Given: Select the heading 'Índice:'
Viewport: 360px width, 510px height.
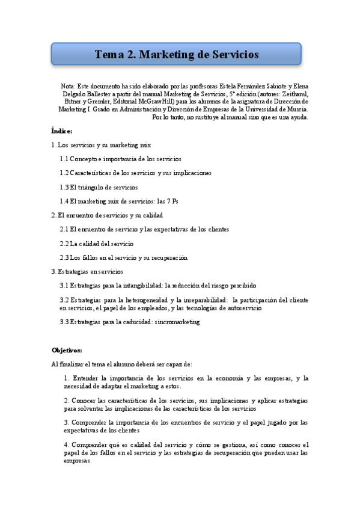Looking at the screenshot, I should (62, 131).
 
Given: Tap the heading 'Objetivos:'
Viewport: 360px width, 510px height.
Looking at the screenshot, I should (67, 350).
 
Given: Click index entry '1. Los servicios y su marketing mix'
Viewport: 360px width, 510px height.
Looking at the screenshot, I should (102, 145).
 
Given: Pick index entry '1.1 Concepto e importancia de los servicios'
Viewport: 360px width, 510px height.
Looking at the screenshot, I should (120, 159).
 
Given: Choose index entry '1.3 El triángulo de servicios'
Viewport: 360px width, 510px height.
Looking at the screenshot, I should (99, 187).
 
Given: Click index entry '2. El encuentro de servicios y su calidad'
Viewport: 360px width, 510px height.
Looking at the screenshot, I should (107, 215).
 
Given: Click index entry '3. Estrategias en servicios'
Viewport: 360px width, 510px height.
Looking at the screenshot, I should (87, 271).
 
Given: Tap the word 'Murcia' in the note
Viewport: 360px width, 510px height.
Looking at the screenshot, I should (297, 109).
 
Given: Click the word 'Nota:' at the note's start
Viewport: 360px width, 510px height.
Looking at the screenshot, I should (68, 86).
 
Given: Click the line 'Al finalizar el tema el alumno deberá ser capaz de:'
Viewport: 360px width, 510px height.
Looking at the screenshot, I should (122, 364).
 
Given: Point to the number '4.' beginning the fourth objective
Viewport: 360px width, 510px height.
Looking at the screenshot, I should (66, 444).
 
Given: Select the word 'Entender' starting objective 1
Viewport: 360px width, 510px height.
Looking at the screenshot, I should (84, 378).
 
